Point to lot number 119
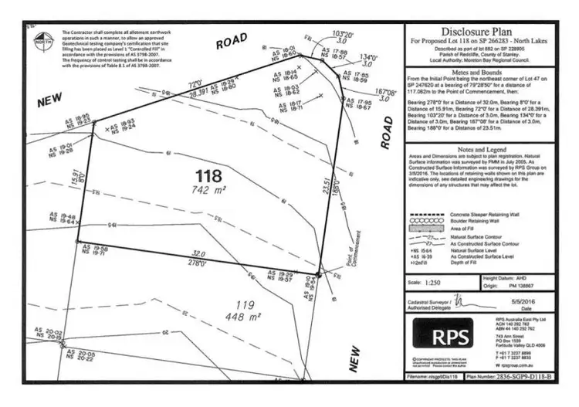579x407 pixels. (247, 304)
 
